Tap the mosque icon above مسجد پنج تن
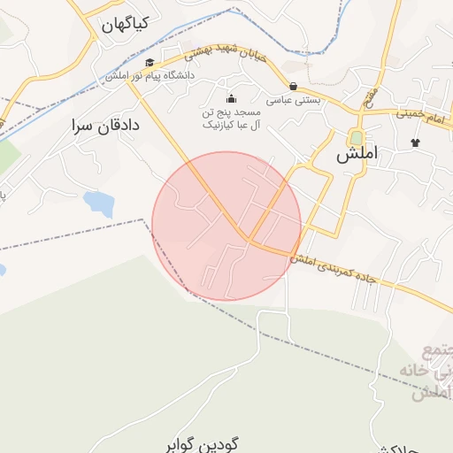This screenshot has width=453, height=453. click(x=232, y=98)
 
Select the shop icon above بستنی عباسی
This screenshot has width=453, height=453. click(x=293, y=87)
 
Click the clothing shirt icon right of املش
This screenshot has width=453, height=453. click(x=414, y=142)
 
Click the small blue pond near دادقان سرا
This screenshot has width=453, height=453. click(x=98, y=203)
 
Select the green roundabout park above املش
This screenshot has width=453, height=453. click(x=356, y=137)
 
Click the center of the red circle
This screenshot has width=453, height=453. click(x=226, y=226)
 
